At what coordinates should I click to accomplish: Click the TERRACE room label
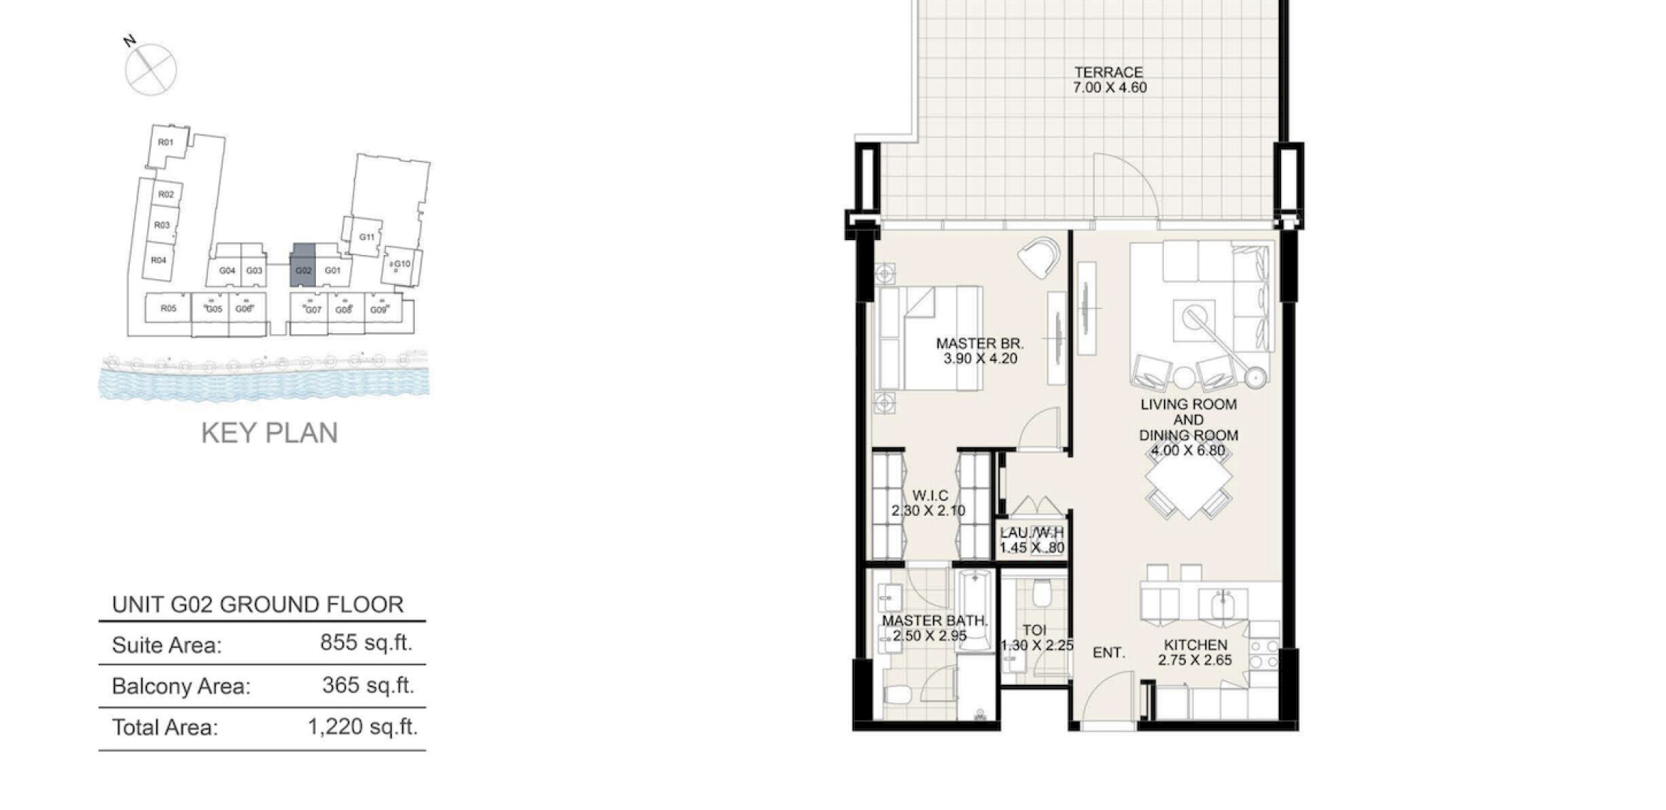pyautogui.click(x=1108, y=73)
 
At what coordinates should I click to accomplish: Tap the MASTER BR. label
pyautogui.click(x=979, y=343)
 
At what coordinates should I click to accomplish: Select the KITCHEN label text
pyautogui.click(x=1195, y=645)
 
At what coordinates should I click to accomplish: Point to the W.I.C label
pyautogui.click(x=930, y=496)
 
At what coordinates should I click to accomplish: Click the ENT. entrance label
pyautogui.click(x=1108, y=653)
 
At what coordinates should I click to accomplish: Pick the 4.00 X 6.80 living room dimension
pyautogui.click(x=1188, y=451)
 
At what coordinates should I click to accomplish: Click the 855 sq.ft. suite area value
pyautogui.click(x=366, y=643)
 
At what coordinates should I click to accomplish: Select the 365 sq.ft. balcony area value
pyautogui.click(x=368, y=685)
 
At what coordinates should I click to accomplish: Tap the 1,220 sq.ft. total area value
pyautogui.click(x=362, y=727)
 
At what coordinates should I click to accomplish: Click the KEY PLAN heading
pyautogui.click(x=269, y=433)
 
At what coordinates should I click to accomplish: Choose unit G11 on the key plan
pyautogui.click(x=367, y=238)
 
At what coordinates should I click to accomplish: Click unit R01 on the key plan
pyautogui.click(x=166, y=142)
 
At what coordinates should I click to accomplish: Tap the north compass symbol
pyautogui.click(x=150, y=67)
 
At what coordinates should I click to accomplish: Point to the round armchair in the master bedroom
pyautogui.click(x=1039, y=257)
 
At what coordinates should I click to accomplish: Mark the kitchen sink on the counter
pyautogui.click(x=1222, y=604)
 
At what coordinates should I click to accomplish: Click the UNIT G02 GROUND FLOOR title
pyautogui.click(x=257, y=604)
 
